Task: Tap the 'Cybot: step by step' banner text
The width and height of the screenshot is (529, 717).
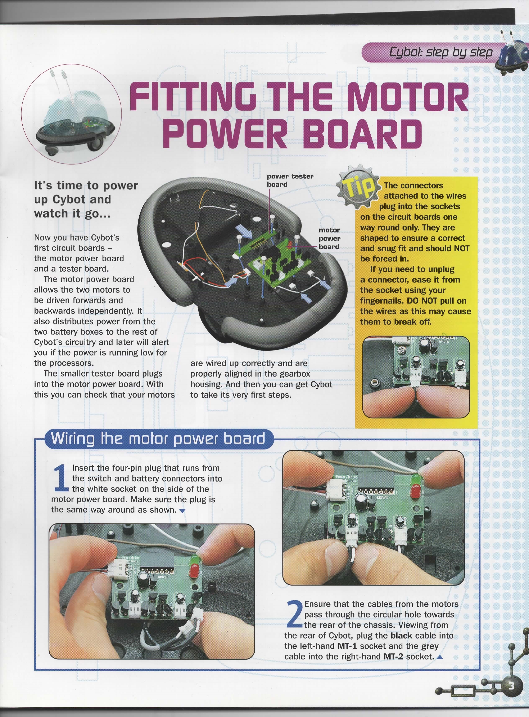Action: [441, 52]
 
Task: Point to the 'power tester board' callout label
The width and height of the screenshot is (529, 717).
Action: [290, 180]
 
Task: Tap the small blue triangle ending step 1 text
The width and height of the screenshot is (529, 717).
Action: [182, 511]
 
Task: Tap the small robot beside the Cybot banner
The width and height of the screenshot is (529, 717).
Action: [512, 53]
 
